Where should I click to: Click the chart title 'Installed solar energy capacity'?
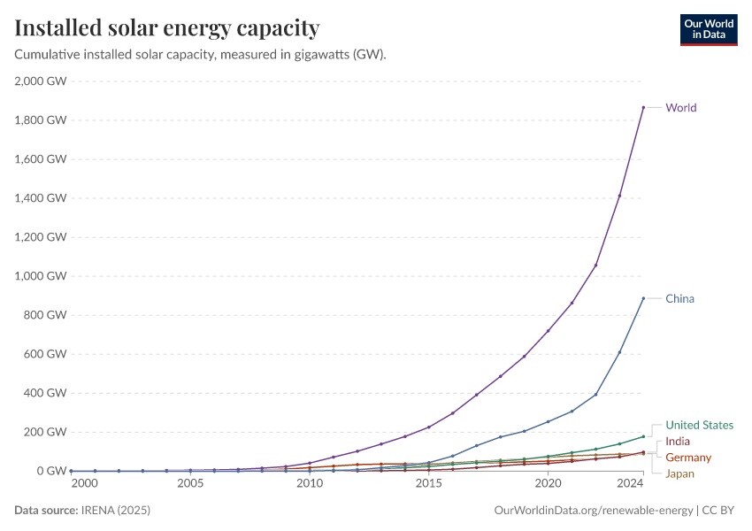[167, 28]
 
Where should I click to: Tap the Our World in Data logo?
[708, 29]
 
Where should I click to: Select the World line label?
[681, 108]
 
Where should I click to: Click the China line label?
[680, 298]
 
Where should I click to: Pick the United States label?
[699, 425]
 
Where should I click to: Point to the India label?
[678, 441]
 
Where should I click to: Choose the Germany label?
[688, 458]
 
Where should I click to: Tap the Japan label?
[680, 473]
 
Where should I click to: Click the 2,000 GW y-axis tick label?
[41, 81]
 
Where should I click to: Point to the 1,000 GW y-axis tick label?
[41, 276]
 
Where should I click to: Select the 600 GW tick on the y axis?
[46, 354]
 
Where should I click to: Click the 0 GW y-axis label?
[51, 471]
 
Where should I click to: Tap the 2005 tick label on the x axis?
[190, 484]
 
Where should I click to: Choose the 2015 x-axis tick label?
[429, 484]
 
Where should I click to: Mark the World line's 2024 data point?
[643, 107]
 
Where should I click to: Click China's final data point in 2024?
[643, 298]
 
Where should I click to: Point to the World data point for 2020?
[549, 331]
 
